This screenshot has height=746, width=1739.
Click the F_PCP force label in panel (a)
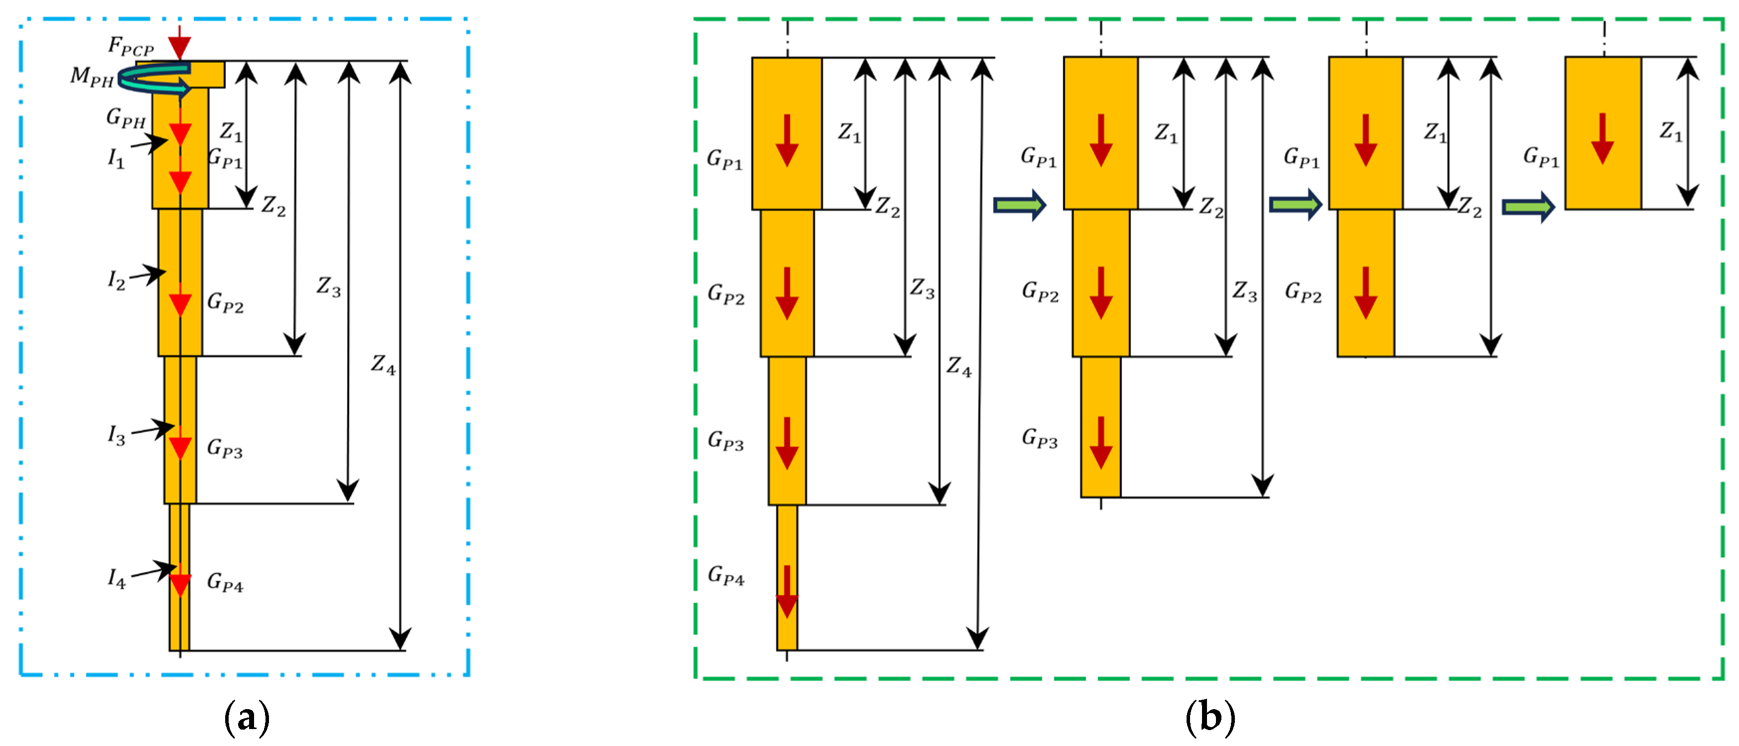click(131, 47)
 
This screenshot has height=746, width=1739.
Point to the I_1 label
click(116, 159)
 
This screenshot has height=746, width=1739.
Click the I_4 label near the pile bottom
click(117, 579)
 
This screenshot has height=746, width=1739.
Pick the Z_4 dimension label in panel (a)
click(383, 365)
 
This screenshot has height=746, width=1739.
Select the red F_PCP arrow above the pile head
click(179, 43)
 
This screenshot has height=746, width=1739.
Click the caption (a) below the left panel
click(247, 717)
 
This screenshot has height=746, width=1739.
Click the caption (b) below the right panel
click(1210, 717)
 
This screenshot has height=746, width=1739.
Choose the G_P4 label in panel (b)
click(726, 575)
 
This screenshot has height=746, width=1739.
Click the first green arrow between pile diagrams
click(1019, 205)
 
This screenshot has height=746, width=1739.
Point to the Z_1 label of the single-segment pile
click(1671, 131)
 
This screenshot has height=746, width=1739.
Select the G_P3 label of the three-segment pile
click(1040, 438)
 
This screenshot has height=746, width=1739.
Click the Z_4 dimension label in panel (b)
click(958, 367)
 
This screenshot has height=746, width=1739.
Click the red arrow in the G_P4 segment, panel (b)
click(787, 592)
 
